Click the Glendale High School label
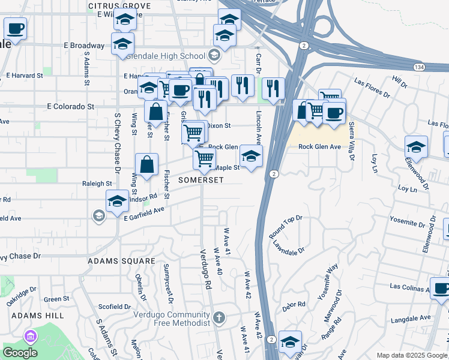167,56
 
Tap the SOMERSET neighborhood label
200,180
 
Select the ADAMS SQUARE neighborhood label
121,262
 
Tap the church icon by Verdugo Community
220,317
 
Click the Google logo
20,353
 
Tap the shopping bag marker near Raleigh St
146,164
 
